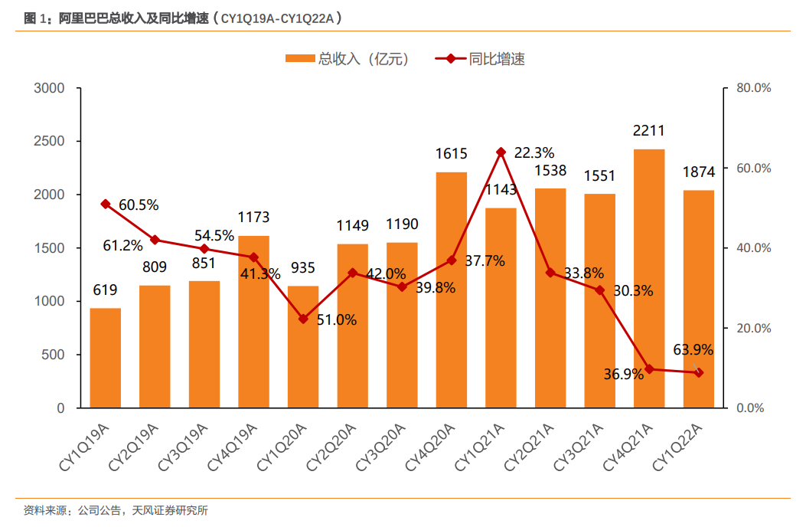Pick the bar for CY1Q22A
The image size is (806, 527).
coord(699,299)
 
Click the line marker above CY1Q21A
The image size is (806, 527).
coord(501,152)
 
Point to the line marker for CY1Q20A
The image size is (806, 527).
coord(303,319)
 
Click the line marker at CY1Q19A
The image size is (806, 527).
coord(106,204)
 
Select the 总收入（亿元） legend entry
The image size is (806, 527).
coord(348,59)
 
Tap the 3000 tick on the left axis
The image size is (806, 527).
coord(50,88)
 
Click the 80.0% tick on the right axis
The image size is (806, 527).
coord(753,88)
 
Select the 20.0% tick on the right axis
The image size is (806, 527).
coord(753,329)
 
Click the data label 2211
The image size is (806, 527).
coord(648,131)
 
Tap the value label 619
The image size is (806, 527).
coord(106,290)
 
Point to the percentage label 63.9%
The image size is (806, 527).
coord(693,350)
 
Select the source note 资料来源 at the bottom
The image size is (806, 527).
coord(116,510)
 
